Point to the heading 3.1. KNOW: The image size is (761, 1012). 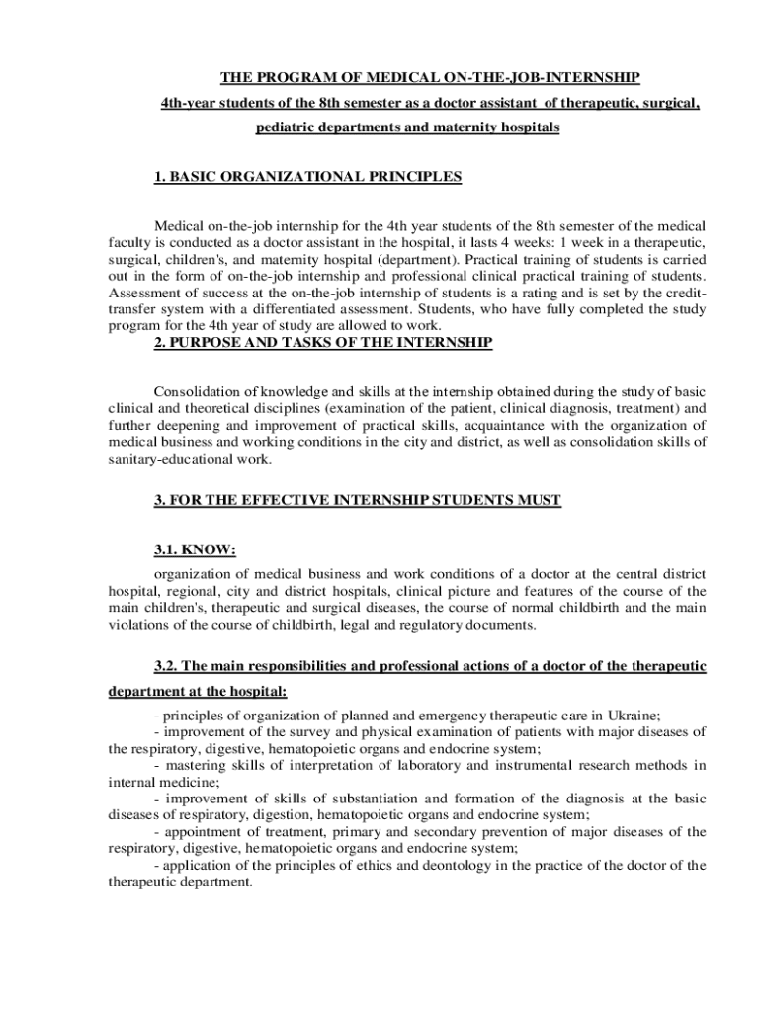point(196,549)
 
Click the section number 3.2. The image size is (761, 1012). point(167,666)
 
